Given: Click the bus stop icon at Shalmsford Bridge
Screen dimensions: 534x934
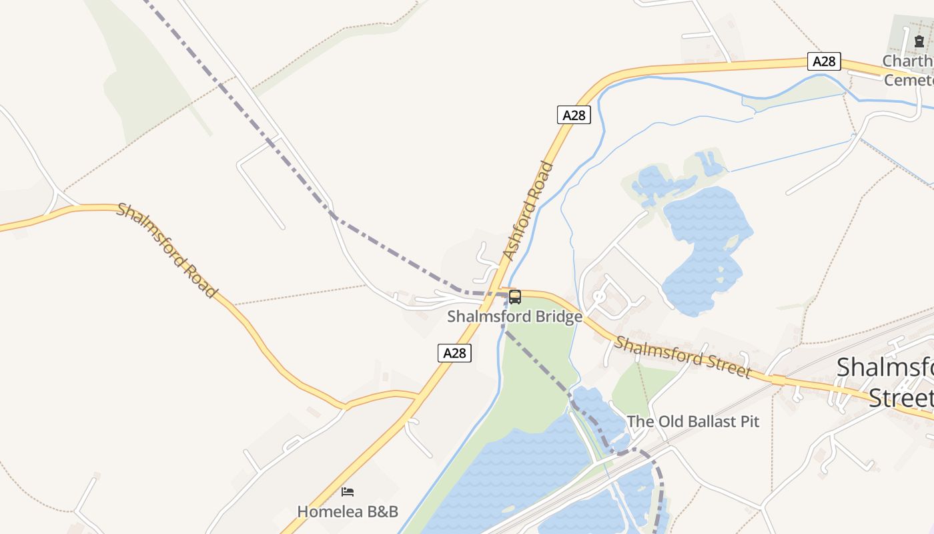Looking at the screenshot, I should [514, 296].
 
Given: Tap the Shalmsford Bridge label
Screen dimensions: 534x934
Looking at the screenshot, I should [514, 316].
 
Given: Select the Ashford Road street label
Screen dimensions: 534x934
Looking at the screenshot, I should [529, 211].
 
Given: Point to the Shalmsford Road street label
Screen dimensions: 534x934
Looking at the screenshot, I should [167, 250].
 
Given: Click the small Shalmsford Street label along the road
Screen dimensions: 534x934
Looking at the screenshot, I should [682, 357].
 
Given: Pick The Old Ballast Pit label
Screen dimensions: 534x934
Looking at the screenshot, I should [692, 422].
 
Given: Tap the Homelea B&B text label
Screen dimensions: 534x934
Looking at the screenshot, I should [348, 512].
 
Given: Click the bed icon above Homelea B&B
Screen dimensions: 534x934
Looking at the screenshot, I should [348, 492].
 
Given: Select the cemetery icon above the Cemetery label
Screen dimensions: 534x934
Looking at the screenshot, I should [919, 41].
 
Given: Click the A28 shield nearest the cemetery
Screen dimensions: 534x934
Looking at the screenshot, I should [824, 61].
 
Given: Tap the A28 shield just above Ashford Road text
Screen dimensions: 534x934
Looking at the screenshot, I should [574, 115].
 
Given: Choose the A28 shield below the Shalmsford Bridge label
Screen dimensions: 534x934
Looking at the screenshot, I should [455, 353].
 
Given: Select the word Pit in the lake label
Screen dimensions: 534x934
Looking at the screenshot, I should [749, 422].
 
